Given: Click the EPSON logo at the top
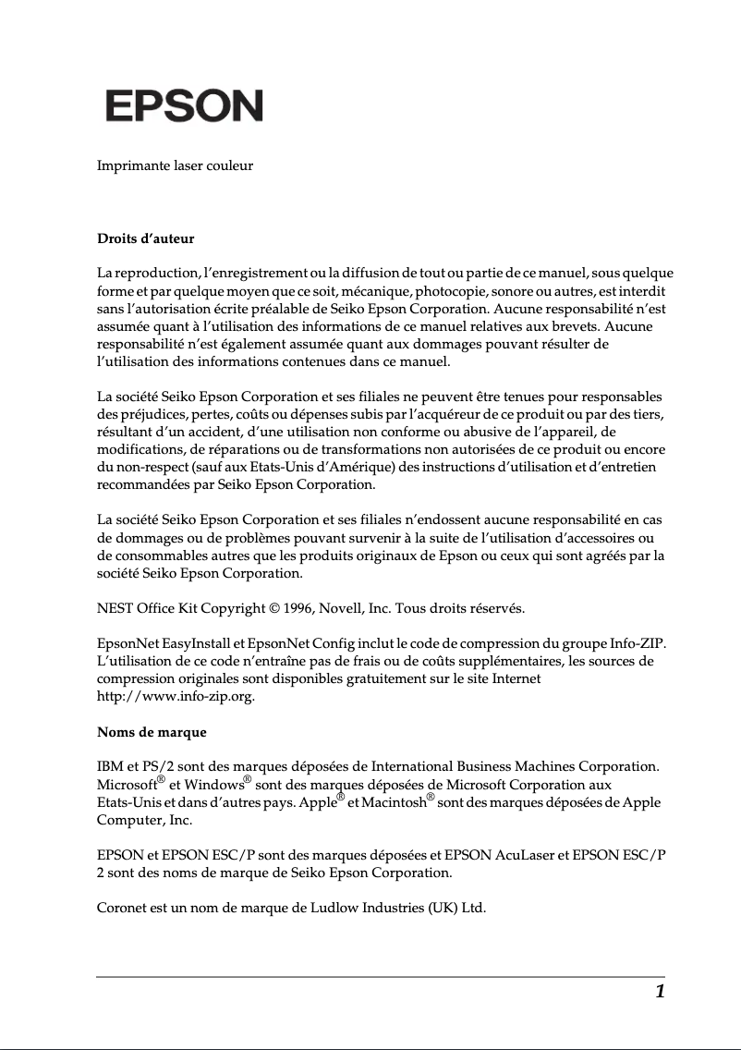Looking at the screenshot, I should (184, 106).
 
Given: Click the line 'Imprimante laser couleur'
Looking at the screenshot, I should (175, 166).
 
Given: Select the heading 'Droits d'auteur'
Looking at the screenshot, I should (146, 238).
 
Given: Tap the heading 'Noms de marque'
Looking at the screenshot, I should (152, 732).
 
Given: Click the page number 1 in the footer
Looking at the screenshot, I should (660, 993).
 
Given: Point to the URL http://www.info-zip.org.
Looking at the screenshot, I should (176, 697).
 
